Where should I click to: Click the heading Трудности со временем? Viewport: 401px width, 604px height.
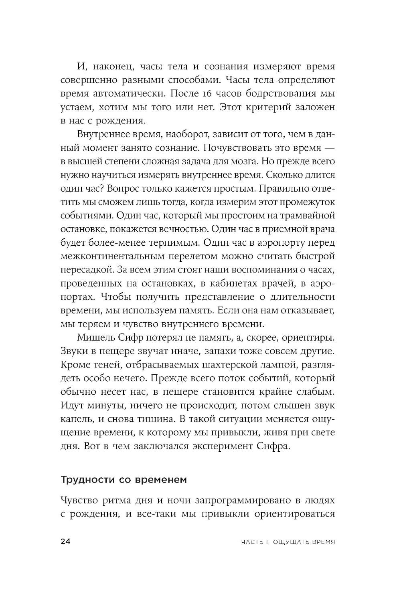[124, 479]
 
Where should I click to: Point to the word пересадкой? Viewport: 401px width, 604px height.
[88, 270]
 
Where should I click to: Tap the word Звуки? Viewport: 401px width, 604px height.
[74, 351]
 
